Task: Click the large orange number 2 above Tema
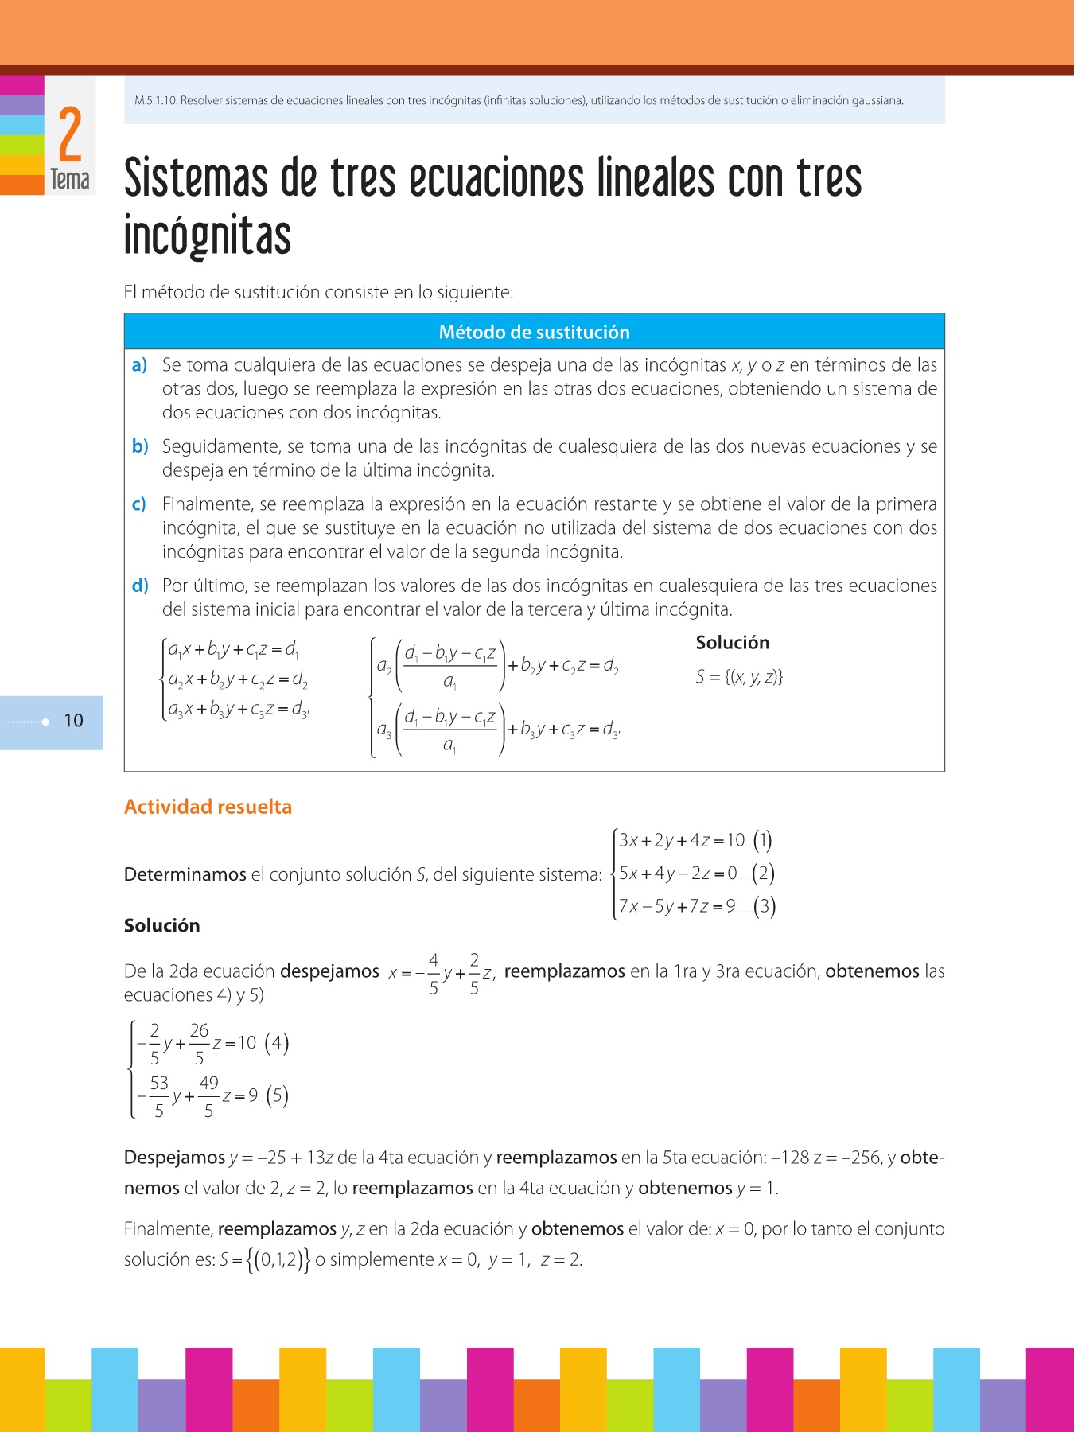pyautogui.click(x=70, y=134)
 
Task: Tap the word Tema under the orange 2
pyautogui.click(x=70, y=180)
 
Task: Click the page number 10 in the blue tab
pyautogui.click(x=73, y=721)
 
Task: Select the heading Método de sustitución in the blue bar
pyautogui.click(x=534, y=333)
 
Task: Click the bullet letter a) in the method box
pyautogui.click(x=140, y=365)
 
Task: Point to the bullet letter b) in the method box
pyautogui.click(x=140, y=446)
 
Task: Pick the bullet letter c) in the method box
pyautogui.click(x=139, y=504)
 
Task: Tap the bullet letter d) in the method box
pyautogui.click(x=140, y=586)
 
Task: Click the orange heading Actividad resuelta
pyautogui.click(x=208, y=807)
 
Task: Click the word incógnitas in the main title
pyautogui.click(x=208, y=235)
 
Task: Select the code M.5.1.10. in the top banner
pyautogui.click(x=156, y=101)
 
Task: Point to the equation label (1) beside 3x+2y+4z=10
pyautogui.click(x=762, y=840)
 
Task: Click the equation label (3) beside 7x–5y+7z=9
pyautogui.click(x=764, y=906)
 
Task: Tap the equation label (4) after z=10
pyautogui.click(x=276, y=1043)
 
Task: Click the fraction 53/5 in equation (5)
pyautogui.click(x=159, y=1096)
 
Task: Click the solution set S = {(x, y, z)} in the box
pyautogui.click(x=739, y=677)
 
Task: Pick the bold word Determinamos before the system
pyautogui.click(x=185, y=874)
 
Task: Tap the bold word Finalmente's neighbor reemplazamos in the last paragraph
pyautogui.click(x=277, y=1229)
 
